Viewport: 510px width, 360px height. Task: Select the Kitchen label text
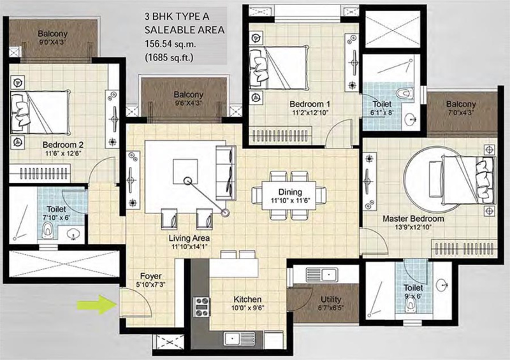click(247, 299)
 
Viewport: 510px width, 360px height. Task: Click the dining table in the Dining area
click(289, 192)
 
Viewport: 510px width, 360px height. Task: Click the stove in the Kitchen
click(203, 305)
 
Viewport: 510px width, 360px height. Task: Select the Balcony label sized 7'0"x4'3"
click(460, 113)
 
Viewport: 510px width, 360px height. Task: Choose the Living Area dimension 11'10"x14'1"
click(189, 248)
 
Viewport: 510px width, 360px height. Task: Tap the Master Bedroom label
click(413, 219)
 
